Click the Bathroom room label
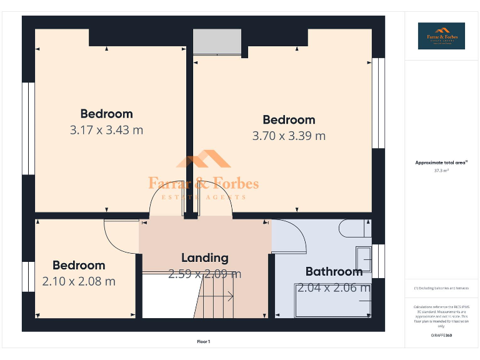pos(334,271)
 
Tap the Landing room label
pos(204,257)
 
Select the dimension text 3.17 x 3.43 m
pos(106,130)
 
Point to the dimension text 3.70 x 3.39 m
pos(289,136)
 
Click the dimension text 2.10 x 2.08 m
pos(79,281)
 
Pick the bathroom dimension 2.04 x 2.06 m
pos(334,288)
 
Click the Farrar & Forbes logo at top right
pos(441,36)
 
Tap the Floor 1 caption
pos(204,342)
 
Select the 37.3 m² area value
pos(441,170)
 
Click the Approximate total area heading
pos(441,162)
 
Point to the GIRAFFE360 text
pos(441,336)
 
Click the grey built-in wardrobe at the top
pos(216,42)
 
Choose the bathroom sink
pos(364,258)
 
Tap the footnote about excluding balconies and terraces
pos(441,288)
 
